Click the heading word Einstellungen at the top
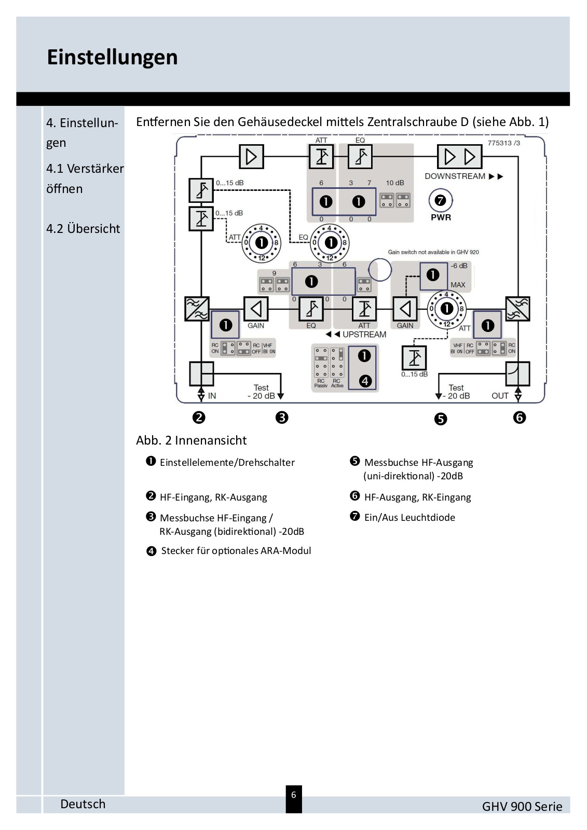coord(112,57)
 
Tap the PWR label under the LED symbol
coord(441,217)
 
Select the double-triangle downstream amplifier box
coord(459,156)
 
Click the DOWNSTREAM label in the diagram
coord(455,176)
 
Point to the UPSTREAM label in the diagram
coord(364,335)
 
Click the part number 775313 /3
coord(503,143)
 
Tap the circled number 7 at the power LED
coord(441,200)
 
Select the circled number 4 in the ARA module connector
coord(365,381)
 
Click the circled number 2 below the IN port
coord(199,417)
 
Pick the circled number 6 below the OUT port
coord(519,417)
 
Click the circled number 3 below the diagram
coord(282,417)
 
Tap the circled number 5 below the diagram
coord(440,419)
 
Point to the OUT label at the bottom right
coord(500,396)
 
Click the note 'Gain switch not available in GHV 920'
coord(433,252)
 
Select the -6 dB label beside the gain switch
coord(459,266)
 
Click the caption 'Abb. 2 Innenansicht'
coord(191,440)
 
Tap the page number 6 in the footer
coord(294,795)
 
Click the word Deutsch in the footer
coord(83,804)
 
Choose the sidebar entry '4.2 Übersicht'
coord(83,229)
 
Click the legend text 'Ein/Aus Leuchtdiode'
coord(409,517)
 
